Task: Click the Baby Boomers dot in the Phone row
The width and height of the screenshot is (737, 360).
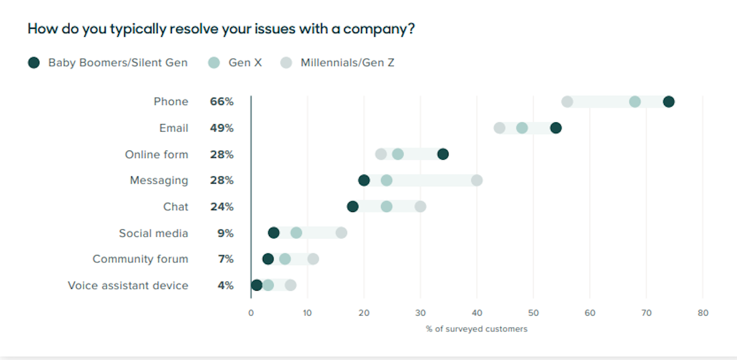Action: (x=669, y=101)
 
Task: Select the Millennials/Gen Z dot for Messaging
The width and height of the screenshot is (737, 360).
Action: (x=477, y=180)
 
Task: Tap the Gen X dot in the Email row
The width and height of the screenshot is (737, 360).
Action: (x=522, y=128)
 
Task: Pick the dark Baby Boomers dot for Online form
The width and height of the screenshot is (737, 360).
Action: (x=443, y=154)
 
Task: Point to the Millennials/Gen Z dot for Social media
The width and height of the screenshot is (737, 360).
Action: (x=341, y=233)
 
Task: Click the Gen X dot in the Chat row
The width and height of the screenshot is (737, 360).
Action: (x=386, y=206)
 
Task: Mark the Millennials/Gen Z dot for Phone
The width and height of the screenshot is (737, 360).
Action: (x=567, y=101)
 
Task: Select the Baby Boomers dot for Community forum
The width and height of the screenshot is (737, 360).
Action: (x=268, y=259)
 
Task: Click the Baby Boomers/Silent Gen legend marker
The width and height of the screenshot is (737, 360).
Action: (x=34, y=62)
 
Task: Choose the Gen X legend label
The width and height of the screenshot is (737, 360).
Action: (x=245, y=62)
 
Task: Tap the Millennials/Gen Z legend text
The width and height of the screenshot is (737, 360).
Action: (x=347, y=62)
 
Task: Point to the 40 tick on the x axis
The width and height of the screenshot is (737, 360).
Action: (x=477, y=313)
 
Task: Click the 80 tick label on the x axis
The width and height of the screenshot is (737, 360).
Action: (x=703, y=313)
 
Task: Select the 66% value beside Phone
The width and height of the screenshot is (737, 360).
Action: (x=222, y=101)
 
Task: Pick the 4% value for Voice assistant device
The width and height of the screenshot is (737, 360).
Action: (x=225, y=285)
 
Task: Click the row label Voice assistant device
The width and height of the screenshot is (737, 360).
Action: (x=128, y=285)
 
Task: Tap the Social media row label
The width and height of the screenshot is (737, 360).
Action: (x=154, y=233)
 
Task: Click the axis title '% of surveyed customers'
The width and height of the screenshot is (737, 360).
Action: (x=477, y=329)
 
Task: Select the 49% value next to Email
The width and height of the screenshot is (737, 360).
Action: (x=222, y=128)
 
